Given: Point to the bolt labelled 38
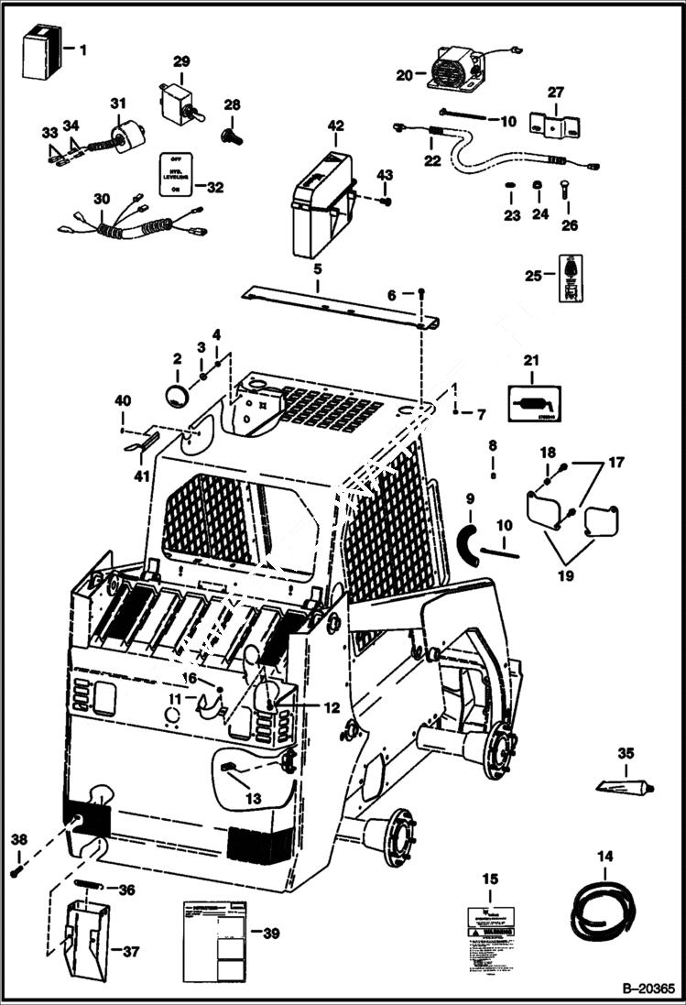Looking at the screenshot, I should point(16,871).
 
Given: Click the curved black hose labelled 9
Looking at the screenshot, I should point(468,544).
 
